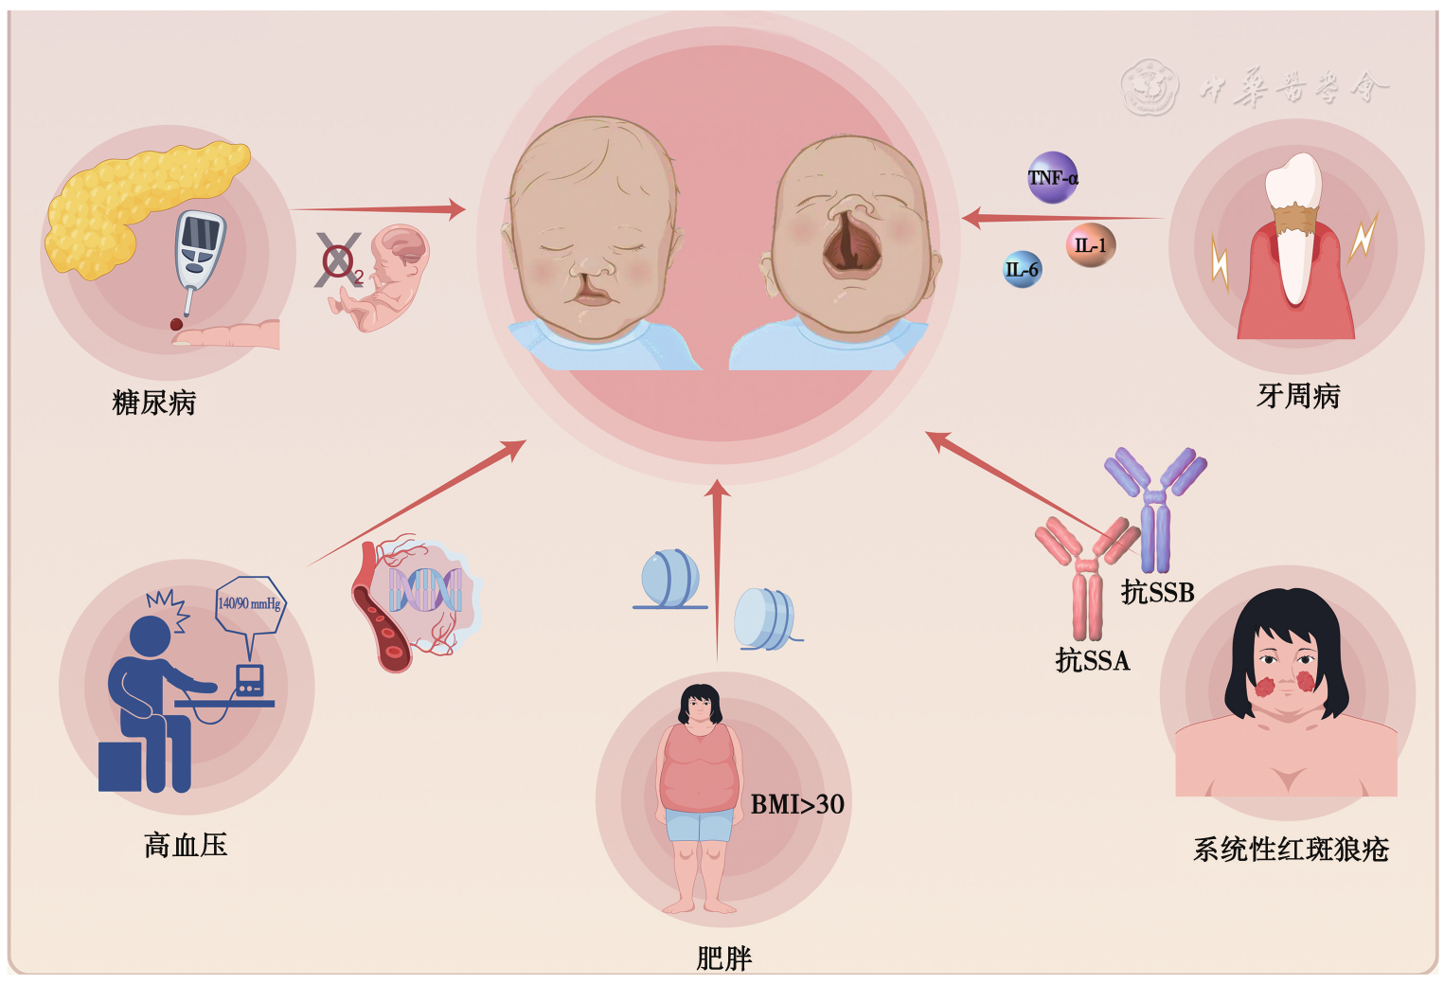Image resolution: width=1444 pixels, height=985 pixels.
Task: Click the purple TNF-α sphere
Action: point(1052,177)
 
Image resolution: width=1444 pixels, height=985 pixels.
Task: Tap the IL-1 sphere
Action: point(1090,245)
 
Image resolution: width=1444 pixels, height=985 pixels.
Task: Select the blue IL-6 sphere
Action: point(1022,270)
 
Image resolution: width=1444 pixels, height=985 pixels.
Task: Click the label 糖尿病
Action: point(153,403)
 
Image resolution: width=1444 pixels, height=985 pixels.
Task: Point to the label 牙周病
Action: point(1298,396)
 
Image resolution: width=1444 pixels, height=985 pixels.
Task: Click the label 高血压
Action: point(186,844)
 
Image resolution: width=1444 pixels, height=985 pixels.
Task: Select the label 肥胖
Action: point(723,958)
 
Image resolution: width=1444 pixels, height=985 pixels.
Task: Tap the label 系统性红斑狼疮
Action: point(1291,849)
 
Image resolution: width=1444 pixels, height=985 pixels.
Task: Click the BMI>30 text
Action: point(797,804)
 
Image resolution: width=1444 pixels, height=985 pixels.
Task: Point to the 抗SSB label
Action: point(1157,592)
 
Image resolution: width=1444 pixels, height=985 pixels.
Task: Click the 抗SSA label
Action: point(1093,660)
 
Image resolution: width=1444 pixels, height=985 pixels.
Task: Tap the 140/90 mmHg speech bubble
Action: point(249,604)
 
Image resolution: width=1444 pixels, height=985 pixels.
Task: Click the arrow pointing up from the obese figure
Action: point(718,568)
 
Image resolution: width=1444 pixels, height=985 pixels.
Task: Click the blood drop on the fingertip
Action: point(176,325)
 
